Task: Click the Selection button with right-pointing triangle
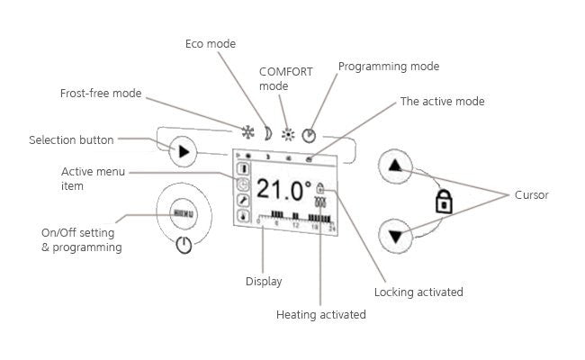pyautogui.click(x=184, y=150)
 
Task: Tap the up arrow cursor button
pyautogui.click(x=399, y=167)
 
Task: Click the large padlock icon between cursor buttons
pyautogui.click(x=442, y=202)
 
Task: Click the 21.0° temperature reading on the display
pyautogui.click(x=283, y=190)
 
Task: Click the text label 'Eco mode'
pyautogui.click(x=208, y=42)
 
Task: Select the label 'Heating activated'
pyautogui.click(x=321, y=315)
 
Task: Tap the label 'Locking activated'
pyautogui.click(x=418, y=292)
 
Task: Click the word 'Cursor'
pyautogui.click(x=531, y=194)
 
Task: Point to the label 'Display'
pyautogui.click(x=264, y=282)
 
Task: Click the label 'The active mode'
pyautogui.click(x=442, y=102)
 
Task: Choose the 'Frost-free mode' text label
pyautogui.click(x=101, y=93)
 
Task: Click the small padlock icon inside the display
pyautogui.click(x=319, y=190)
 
